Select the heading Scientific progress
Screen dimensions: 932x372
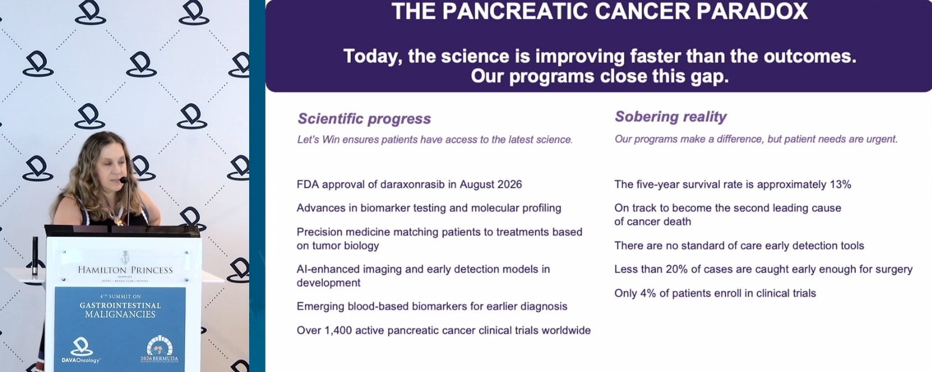[364, 119]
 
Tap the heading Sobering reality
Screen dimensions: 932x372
[671, 116]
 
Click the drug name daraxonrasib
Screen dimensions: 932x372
[412, 185]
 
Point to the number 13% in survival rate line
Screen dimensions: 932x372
[841, 185]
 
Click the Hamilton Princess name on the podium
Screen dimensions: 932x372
[125, 270]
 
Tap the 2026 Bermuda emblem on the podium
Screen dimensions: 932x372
[159, 349]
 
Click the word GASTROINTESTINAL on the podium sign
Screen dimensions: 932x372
[120, 306]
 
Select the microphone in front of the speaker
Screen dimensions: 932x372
[124, 180]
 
